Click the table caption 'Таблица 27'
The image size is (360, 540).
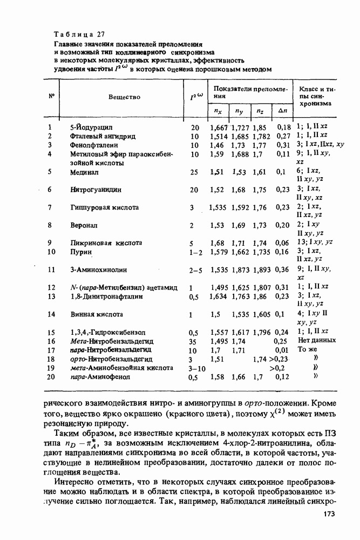(x=80, y=35)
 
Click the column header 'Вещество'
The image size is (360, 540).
(x=124, y=97)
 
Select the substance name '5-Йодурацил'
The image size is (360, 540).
(x=91, y=128)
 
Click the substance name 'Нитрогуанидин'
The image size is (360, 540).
(x=96, y=190)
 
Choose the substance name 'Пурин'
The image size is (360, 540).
(x=81, y=252)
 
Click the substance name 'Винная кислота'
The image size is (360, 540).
(x=97, y=314)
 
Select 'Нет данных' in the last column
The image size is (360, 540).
(x=316, y=340)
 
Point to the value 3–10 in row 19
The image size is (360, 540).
(x=195, y=368)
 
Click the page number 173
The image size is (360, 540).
(x=330, y=515)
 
